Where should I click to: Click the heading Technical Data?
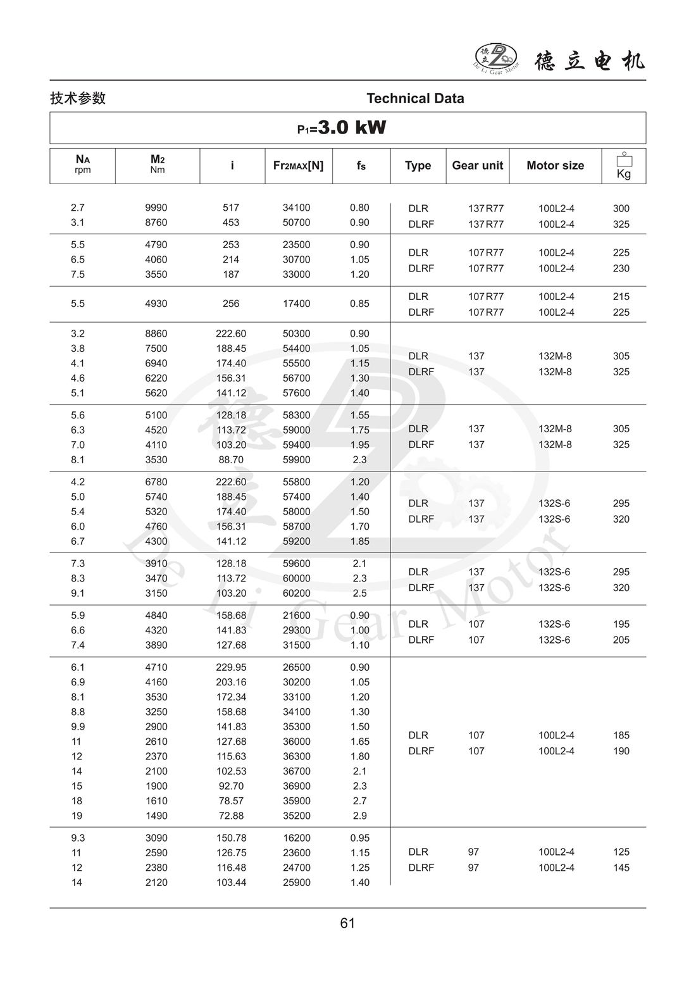(415, 98)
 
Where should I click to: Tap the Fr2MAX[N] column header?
(298, 165)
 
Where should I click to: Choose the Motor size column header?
(555, 165)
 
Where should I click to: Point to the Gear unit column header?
(477, 165)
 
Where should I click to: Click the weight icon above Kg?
(624, 160)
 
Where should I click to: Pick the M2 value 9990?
(156, 208)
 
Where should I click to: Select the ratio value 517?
(231, 208)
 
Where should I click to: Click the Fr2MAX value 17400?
(296, 304)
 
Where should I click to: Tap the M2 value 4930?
(156, 304)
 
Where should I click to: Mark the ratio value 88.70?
(231, 459)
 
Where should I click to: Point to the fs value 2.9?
(359, 816)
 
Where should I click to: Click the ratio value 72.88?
(231, 816)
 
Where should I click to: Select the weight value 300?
(621, 208)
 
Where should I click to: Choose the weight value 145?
(621, 868)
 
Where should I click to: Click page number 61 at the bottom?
(347, 923)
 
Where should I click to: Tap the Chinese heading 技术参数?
(78, 98)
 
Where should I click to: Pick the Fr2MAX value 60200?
(296, 593)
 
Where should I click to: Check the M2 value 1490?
(156, 816)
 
